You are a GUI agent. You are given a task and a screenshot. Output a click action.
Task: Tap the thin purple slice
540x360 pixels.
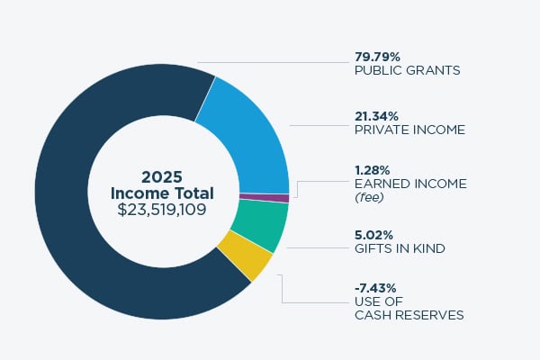pyautogui.click(x=264, y=198)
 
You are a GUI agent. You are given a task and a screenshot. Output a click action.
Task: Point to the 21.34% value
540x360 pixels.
pyautogui.click(x=379, y=115)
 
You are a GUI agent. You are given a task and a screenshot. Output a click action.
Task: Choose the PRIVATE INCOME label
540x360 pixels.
pyautogui.click(x=410, y=129)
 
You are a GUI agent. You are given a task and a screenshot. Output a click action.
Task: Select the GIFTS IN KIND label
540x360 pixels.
pyautogui.click(x=400, y=248)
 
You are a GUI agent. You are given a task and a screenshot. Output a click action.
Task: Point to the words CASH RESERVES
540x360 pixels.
pyautogui.click(x=409, y=315)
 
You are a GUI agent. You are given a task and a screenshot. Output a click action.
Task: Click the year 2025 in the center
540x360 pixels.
pyautogui.click(x=162, y=176)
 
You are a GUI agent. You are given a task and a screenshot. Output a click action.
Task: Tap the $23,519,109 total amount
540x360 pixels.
pyautogui.click(x=162, y=210)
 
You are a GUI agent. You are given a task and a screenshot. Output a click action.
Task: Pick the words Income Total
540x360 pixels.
pyautogui.click(x=162, y=193)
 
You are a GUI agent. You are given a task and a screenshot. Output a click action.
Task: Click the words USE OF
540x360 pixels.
pyautogui.click(x=376, y=301)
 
